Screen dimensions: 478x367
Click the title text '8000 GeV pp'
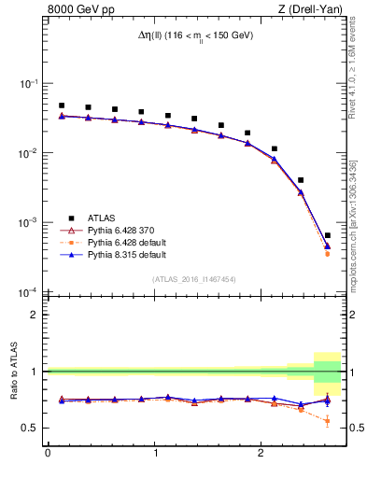pyautogui.click(x=78, y=10)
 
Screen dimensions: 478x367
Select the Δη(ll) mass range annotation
pyautogui.click(x=193, y=35)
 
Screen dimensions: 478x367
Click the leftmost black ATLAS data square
pyautogui.click(x=62, y=105)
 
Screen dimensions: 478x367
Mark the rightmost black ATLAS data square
pyautogui.click(x=327, y=235)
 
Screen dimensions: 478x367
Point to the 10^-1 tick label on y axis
pyautogui.click(x=28, y=84)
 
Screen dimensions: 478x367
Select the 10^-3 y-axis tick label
pyautogui.click(x=28, y=224)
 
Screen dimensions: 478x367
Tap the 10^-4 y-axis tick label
pyautogui.click(x=28, y=294)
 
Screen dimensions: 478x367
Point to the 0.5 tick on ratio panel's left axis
pyautogui.click(x=31, y=429)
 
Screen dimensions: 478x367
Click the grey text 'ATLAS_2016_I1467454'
pyautogui.click(x=193, y=278)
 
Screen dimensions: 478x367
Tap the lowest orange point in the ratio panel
pyautogui.click(x=327, y=421)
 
